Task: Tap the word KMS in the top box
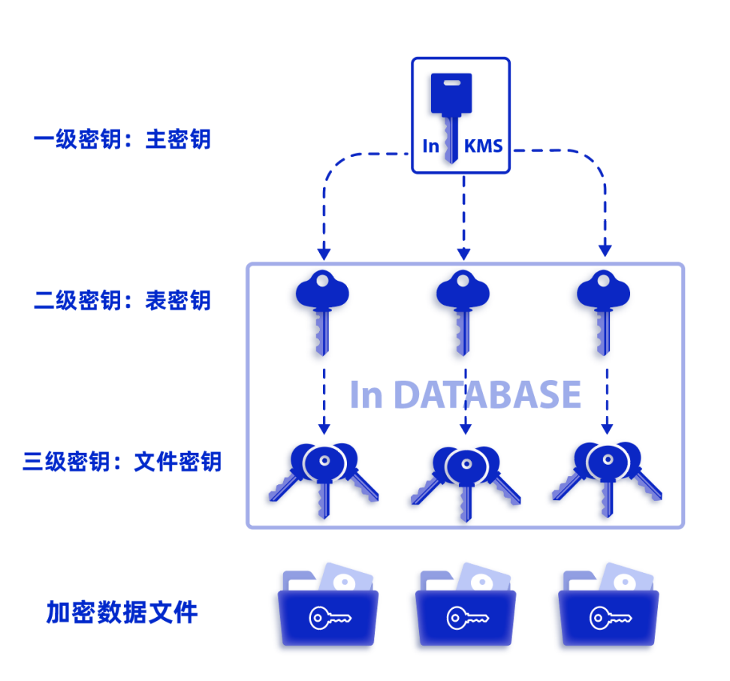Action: (483, 146)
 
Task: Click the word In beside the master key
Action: (430, 146)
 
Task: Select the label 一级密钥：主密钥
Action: (122, 140)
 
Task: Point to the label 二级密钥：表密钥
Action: (122, 300)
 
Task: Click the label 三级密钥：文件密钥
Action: (122, 460)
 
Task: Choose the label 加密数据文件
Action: (122, 613)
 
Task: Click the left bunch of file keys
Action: (324, 478)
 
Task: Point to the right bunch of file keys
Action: (606, 478)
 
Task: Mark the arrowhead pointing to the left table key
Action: (324, 250)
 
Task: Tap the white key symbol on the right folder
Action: (608, 618)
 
